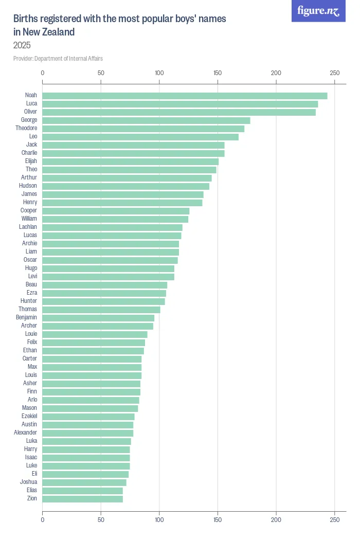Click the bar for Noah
click(185, 96)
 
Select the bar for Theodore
click(143, 129)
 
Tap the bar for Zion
click(82, 499)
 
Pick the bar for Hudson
click(125, 186)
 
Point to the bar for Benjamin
click(98, 318)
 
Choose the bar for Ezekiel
click(88, 417)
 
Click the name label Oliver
click(31, 112)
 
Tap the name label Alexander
click(26, 433)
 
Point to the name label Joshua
click(28, 482)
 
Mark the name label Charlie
click(29, 153)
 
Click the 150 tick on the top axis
click(218, 73)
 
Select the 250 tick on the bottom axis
click(335, 520)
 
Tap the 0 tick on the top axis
click(43, 73)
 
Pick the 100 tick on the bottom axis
click(159, 520)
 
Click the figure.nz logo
click(318, 11)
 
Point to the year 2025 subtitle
click(22, 45)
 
